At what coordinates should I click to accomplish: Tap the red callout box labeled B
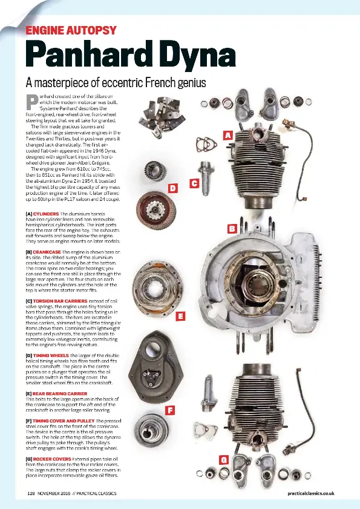point(231,228)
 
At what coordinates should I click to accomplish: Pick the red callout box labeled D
point(172,188)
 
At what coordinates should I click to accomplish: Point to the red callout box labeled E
point(180,316)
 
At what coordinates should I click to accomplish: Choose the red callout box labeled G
point(223,460)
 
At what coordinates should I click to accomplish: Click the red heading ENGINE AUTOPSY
point(71,30)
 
